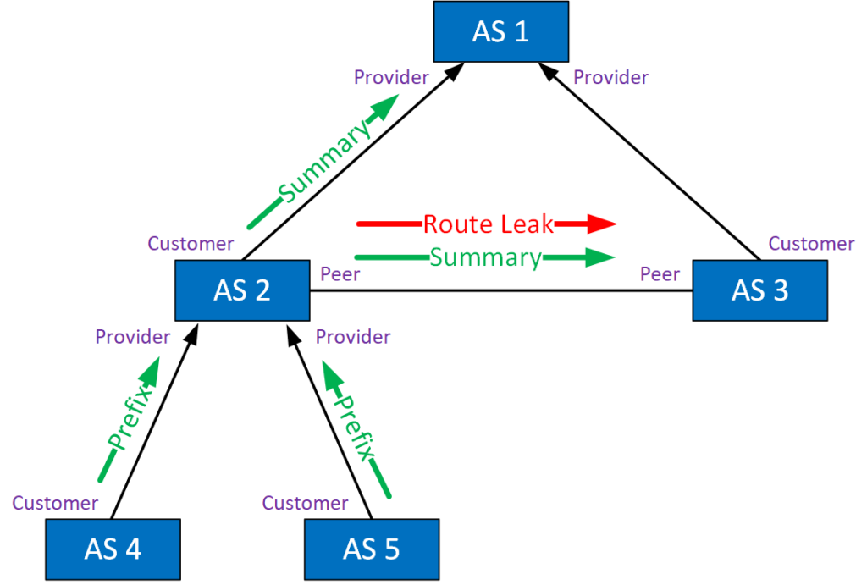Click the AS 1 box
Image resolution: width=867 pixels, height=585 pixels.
[x=500, y=32]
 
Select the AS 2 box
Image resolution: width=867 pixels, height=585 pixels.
[x=241, y=290]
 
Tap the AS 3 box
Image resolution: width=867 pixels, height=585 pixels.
[x=759, y=290]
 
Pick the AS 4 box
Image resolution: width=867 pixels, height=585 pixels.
[x=113, y=549]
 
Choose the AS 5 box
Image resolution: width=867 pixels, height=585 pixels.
[x=372, y=549]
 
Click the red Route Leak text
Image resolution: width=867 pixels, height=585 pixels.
[x=489, y=224]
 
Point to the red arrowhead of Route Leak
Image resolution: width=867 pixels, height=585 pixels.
[x=602, y=224]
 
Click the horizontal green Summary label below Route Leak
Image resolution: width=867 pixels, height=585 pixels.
[x=485, y=257]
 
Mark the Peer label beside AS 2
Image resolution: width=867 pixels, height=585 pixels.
[x=340, y=274]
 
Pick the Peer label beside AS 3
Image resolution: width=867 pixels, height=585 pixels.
[x=660, y=274]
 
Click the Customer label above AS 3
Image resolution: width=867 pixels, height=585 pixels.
[x=811, y=244]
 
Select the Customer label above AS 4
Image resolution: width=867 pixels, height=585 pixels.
[x=55, y=503]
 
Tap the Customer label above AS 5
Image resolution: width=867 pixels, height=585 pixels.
[x=305, y=503]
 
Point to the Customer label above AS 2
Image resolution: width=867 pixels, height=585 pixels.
[x=191, y=244]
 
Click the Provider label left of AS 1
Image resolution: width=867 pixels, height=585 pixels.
[x=391, y=78]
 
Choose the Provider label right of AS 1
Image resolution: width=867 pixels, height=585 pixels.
[x=610, y=78]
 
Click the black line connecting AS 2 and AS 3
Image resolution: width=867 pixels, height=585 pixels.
[x=500, y=291]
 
